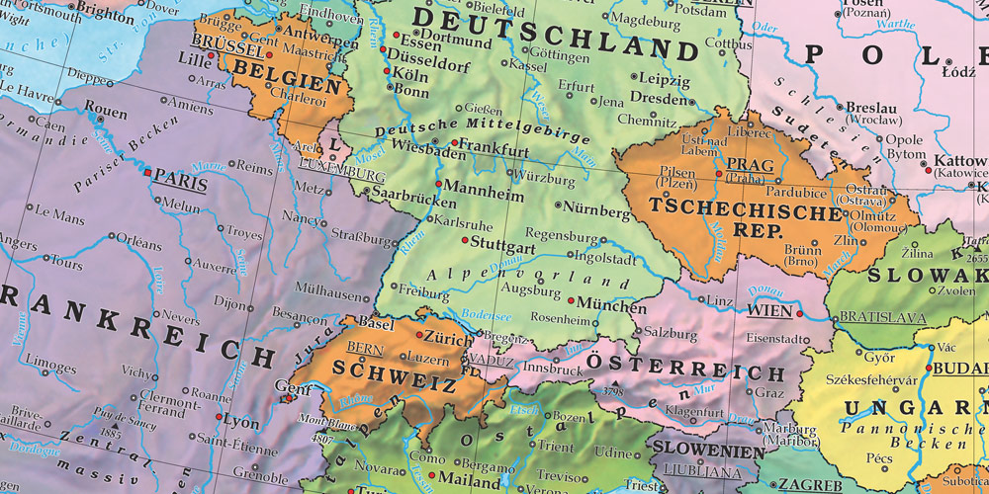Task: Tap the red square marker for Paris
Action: (148, 173)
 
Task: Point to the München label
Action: (611, 304)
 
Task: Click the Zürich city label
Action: (450, 339)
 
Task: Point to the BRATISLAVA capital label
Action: (882, 318)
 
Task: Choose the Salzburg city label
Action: (670, 334)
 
